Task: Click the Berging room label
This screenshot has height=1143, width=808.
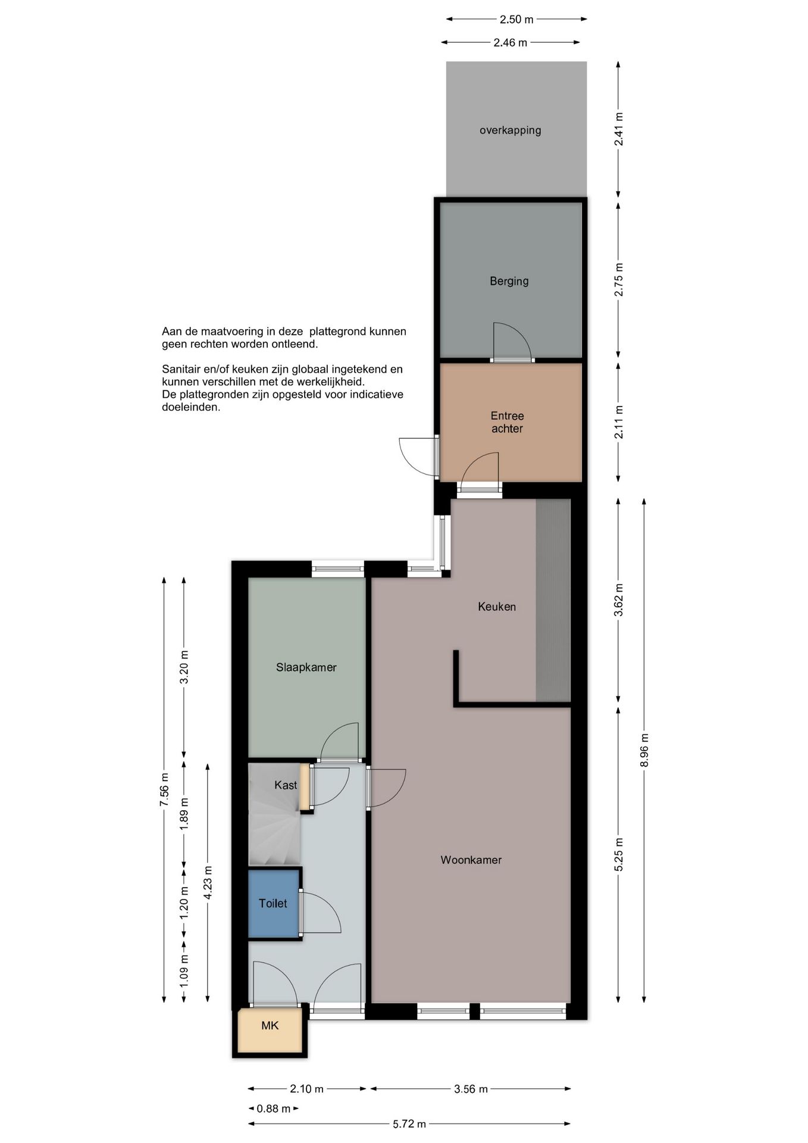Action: point(509,281)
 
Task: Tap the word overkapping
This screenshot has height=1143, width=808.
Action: point(511,130)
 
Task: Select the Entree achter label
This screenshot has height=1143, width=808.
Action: point(507,422)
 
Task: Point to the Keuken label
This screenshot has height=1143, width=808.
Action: point(497,607)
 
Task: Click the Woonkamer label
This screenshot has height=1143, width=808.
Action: point(471,860)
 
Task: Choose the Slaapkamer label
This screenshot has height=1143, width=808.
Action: point(306,667)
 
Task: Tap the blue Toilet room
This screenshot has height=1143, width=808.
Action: point(273,903)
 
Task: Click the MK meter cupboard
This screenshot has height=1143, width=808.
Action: point(270,1026)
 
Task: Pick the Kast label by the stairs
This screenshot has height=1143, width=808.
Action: point(286,785)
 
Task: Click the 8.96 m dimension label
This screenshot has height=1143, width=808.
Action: point(644,750)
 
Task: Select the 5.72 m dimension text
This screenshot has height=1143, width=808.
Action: point(409,1124)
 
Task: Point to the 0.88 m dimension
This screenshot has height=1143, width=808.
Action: point(274,1108)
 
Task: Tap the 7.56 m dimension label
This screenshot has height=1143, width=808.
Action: point(164,789)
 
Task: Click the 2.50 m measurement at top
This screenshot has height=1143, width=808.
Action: point(516,19)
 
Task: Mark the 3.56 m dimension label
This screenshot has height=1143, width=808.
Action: point(471,1089)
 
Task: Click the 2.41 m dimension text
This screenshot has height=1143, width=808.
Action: point(619,129)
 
